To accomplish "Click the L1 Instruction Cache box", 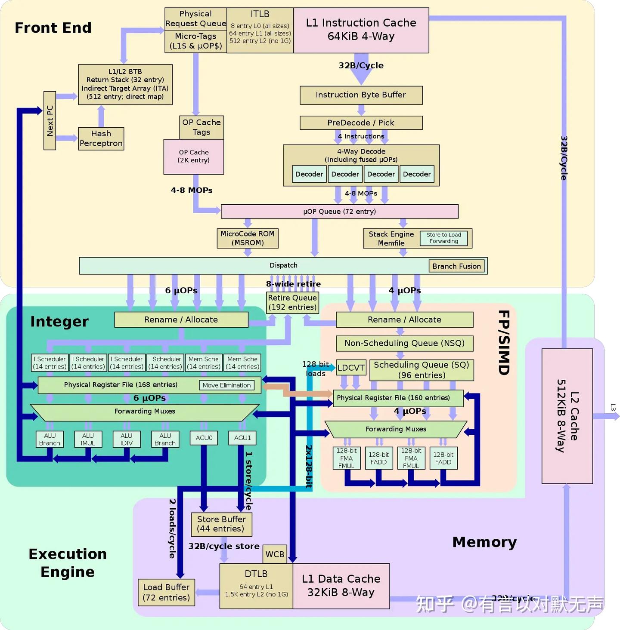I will [x=361, y=30].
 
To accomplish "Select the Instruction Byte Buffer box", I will [x=361, y=95].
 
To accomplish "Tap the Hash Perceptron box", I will [x=101, y=138].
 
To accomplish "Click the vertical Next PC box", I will [x=50, y=120].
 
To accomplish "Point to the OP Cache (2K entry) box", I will [x=194, y=157].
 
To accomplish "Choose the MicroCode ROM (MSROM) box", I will [x=248, y=238].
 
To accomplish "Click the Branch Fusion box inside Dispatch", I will [x=456, y=266].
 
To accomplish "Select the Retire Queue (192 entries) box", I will [x=292, y=302].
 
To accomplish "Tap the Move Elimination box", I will [x=226, y=385].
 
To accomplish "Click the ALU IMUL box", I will [x=88, y=439].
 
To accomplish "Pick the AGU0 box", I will [x=204, y=438].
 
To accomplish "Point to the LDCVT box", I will [x=351, y=368].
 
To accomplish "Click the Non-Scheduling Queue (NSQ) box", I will [x=404, y=343].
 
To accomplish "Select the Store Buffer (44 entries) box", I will [x=221, y=524].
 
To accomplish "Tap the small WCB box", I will [x=275, y=554].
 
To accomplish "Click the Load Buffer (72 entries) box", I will [x=166, y=592].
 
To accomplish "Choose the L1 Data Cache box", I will [x=341, y=586].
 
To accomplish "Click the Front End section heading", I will [x=53, y=28].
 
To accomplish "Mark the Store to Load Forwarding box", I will [x=443, y=238].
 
